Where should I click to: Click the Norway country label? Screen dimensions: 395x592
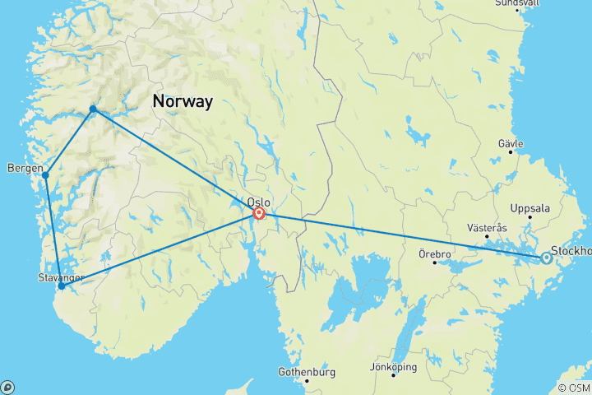pos(182,102)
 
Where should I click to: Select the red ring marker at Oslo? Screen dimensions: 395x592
pos(259,214)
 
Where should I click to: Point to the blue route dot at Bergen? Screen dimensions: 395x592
pos(45,175)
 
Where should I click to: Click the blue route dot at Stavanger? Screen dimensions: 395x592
pos(61,286)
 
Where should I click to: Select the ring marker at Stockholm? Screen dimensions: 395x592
pos(546,258)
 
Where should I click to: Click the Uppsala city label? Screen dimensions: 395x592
pos(530,208)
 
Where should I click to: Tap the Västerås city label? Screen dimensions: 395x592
pos(486,226)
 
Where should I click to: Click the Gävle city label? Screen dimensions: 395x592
pos(511,143)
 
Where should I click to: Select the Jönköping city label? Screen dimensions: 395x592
pos(394,366)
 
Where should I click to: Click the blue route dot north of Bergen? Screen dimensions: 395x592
pos(93,109)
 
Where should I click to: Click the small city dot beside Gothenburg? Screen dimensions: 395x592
pos(307,381)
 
